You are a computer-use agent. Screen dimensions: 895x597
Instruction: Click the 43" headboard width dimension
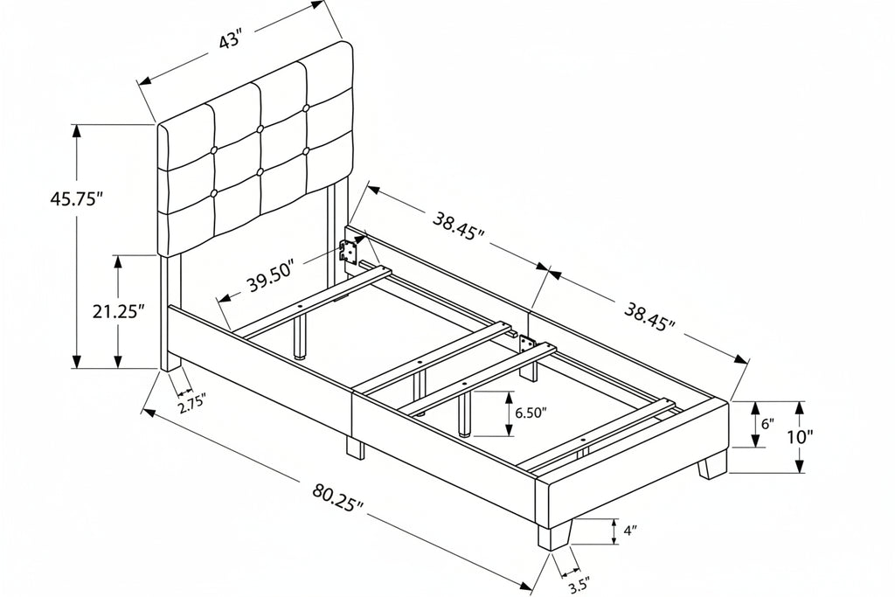pos(231,41)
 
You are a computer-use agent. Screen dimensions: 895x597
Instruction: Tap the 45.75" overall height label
pos(77,199)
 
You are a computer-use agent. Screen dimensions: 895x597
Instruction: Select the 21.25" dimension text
pos(119,312)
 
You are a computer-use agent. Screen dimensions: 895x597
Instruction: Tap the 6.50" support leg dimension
pos(531,413)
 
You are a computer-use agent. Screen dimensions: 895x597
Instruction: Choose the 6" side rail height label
pos(767,423)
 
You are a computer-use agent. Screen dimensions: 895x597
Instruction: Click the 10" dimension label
pos(801,438)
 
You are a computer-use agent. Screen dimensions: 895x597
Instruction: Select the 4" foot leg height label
pos(629,531)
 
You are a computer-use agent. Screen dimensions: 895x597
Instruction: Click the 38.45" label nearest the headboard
pos(458,226)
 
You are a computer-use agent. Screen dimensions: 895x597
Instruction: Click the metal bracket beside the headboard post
pos(348,251)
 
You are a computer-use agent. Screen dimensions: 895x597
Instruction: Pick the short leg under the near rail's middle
pos(355,448)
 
